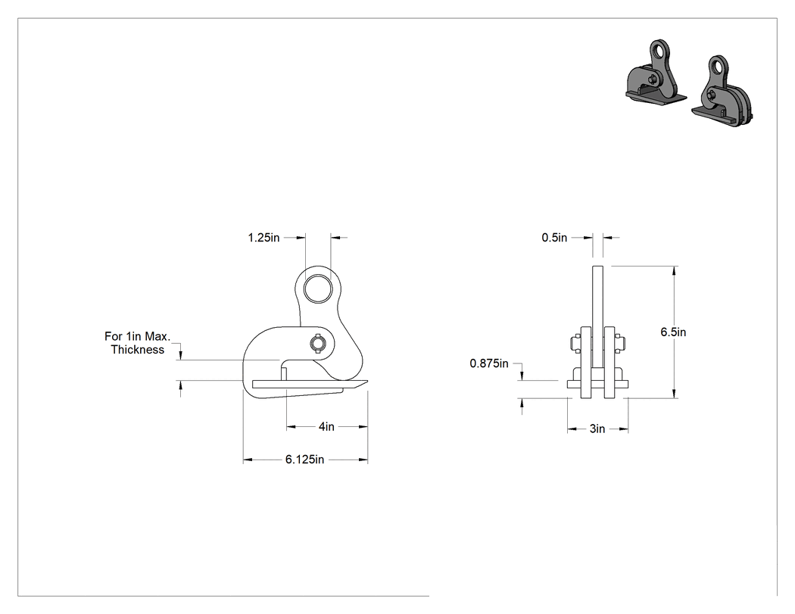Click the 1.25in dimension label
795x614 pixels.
click(x=263, y=237)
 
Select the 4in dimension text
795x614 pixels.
click(x=326, y=427)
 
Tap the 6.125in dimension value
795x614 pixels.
click(x=304, y=460)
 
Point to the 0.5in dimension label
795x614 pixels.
click(x=554, y=237)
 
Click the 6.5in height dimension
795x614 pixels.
click(x=673, y=332)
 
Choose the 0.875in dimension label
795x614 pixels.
click(x=489, y=363)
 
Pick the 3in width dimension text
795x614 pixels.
click(x=597, y=429)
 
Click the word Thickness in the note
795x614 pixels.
click(x=137, y=349)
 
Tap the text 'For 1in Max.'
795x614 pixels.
click(x=137, y=336)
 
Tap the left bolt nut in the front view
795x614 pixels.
click(x=575, y=344)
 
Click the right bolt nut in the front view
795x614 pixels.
click(x=619, y=344)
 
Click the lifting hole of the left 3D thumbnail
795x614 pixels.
click(x=659, y=51)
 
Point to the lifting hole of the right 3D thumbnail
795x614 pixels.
click(x=717, y=66)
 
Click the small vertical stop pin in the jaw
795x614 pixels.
click(x=284, y=374)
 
